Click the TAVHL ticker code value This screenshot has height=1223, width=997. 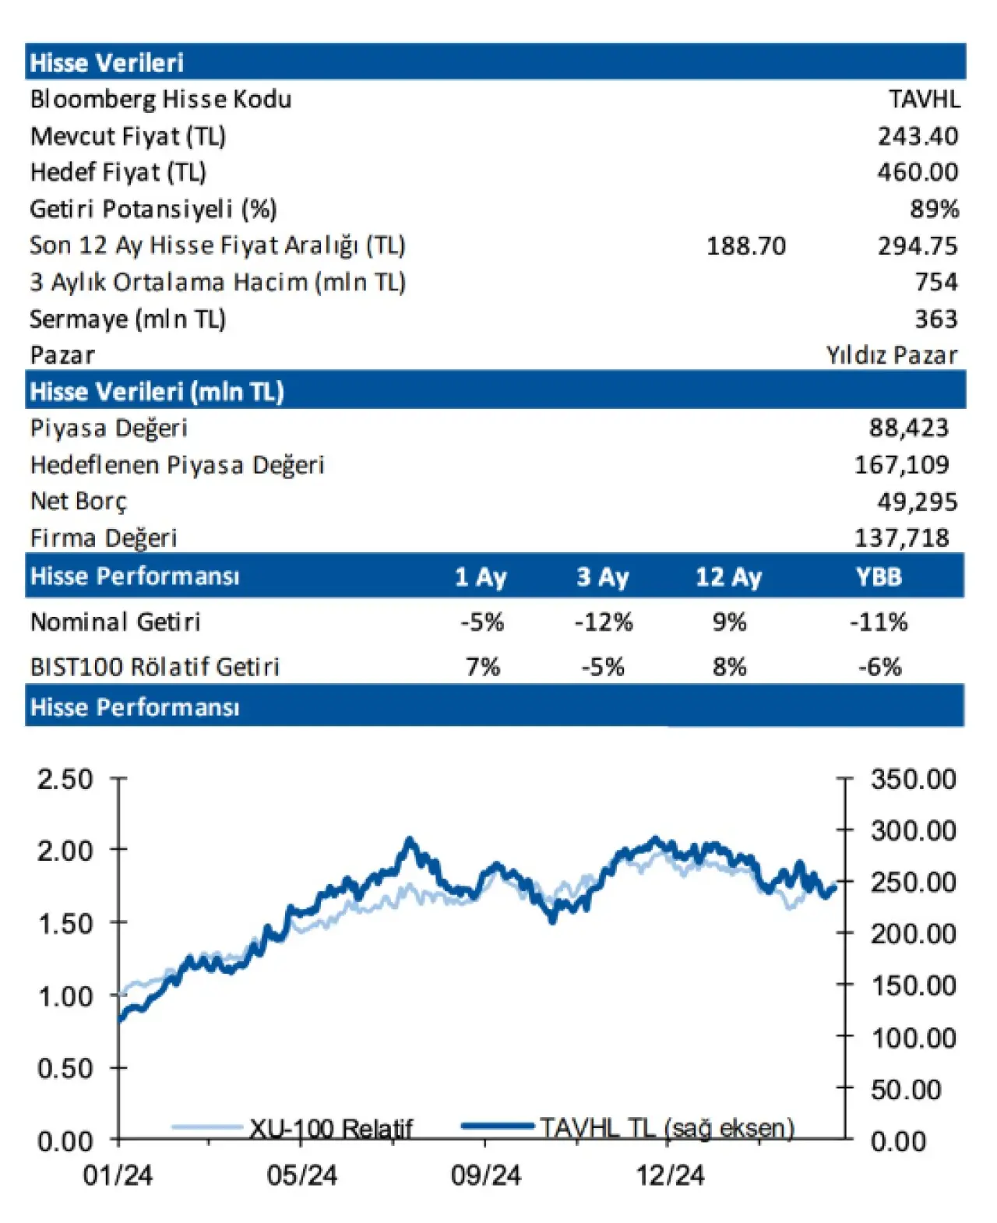click(925, 99)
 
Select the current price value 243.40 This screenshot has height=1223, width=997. click(918, 136)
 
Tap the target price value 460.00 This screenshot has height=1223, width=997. click(918, 171)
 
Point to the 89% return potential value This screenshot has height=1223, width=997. click(934, 209)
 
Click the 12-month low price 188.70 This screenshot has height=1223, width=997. click(745, 246)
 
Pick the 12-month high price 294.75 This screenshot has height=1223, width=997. click(918, 246)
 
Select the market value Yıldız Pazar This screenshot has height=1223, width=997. click(891, 355)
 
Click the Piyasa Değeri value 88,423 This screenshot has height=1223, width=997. click(908, 428)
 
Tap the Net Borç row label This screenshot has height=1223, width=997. click(78, 501)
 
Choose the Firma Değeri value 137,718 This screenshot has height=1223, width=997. click(901, 537)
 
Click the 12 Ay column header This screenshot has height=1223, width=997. click(728, 577)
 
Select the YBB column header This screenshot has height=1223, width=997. click(879, 577)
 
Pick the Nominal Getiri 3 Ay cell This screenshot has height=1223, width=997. click(603, 622)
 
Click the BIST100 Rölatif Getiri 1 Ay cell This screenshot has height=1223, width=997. click(482, 667)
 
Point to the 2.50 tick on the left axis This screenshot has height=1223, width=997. click(65, 779)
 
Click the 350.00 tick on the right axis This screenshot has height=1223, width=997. click(913, 779)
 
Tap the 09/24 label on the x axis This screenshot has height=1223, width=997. click(485, 1175)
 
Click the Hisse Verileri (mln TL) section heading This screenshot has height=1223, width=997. click(157, 391)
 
